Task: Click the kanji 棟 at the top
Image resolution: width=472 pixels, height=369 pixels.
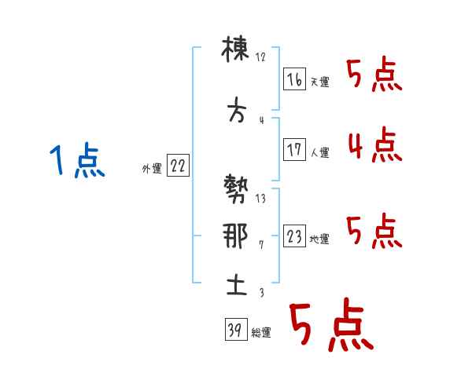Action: click(x=235, y=49)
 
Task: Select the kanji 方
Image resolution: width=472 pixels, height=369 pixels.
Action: click(x=237, y=110)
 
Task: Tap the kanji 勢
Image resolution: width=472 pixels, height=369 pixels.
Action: click(x=236, y=189)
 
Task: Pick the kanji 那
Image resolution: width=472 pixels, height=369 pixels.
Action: click(x=235, y=236)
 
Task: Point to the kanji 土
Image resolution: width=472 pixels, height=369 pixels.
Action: click(x=237, y=285)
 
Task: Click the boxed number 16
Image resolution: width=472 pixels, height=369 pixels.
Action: click(x=294, y=79)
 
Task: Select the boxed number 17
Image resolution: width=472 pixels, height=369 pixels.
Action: click(x=294, y=149)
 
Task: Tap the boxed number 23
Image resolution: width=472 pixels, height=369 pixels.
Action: click(x=294, y=236)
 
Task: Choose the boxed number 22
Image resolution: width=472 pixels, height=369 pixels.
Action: click(x=178, y=165)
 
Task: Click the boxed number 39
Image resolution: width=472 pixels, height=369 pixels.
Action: click(x=236, y=329)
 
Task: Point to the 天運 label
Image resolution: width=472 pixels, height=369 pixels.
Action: click(x=319, y=82)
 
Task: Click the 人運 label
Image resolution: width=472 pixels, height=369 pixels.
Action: click(x=319, y=152)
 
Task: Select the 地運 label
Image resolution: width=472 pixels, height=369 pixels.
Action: click(x=319, y=239)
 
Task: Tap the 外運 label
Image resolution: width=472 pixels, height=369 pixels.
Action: click(x=152, y=169)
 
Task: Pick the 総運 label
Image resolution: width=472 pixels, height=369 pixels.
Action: click(x=261, y=333)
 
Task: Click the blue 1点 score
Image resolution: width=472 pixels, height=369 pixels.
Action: click(x=77, y=159)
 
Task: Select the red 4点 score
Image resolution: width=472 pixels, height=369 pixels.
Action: click(x=375, y=144)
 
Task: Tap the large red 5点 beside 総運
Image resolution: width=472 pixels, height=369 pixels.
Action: click(x=331, y=324)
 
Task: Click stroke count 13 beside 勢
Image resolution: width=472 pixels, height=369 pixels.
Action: click(x=260, y=199)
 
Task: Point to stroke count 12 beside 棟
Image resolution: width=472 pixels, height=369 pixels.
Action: click(x=260, y=57)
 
